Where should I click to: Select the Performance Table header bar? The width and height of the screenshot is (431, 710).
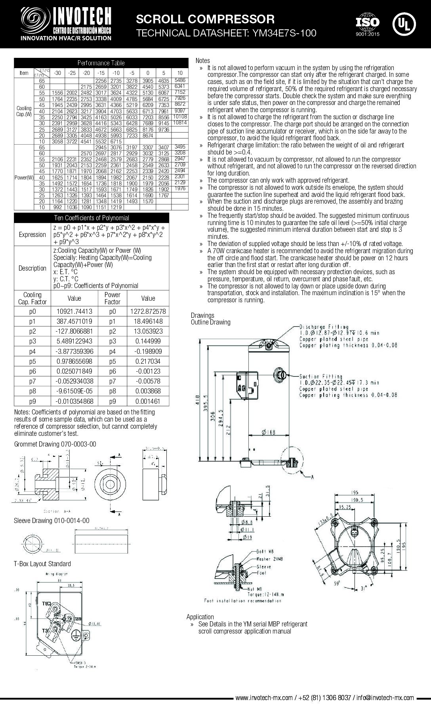[x=101, y=63]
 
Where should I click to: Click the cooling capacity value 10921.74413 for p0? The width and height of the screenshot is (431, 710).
[x=74, y=311]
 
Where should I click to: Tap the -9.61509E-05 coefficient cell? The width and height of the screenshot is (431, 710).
[x=74, y=391]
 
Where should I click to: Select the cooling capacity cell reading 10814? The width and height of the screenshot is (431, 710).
[x=180, y=123]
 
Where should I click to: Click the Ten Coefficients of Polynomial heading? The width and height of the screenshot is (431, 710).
[x=92, y=218]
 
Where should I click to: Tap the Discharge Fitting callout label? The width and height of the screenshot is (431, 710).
[x=324, y=327]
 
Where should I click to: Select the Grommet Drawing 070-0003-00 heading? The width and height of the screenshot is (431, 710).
[x=55, y=445]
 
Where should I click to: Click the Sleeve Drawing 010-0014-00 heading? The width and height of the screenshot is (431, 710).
[x=51, y=521]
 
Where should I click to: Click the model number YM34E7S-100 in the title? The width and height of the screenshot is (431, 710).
[x=282, y=33]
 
